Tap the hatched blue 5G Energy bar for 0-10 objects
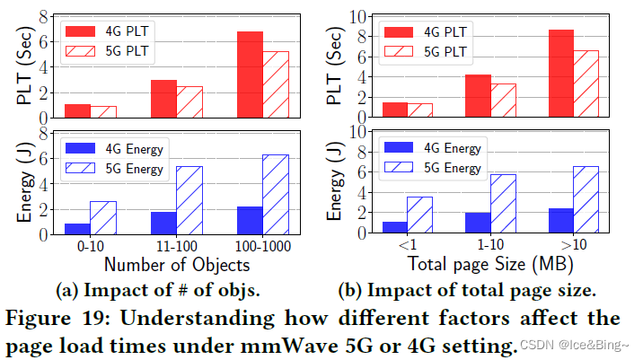coord(103,217)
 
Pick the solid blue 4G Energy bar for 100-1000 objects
coord(251,220)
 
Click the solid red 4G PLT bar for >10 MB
coord(560,73)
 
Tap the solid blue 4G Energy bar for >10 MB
coord(560,221)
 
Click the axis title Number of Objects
coord(176,265)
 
